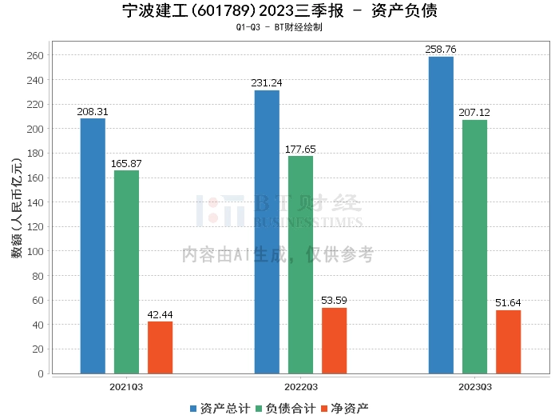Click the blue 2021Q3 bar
[93, 246]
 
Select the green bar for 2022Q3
[300, 265]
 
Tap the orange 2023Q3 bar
[509, 342]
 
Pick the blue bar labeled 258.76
[441, 215]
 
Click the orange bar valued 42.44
[160, 348]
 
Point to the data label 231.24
[266, 83]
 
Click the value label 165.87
[126, 163]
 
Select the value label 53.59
[334, 301]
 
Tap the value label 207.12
[474, 113]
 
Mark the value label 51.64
[508, 303]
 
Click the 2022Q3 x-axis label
[301, 387]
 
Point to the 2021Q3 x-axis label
[126, 387]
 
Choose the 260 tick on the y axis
[35, 56]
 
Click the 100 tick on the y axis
[35, 251]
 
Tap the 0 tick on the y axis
[41, 373]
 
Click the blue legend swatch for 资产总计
[193, 409]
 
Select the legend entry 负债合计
[286, 409]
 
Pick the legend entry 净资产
[345, 409]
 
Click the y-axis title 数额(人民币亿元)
[17, 208]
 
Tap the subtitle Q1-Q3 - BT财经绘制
[279, 27]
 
